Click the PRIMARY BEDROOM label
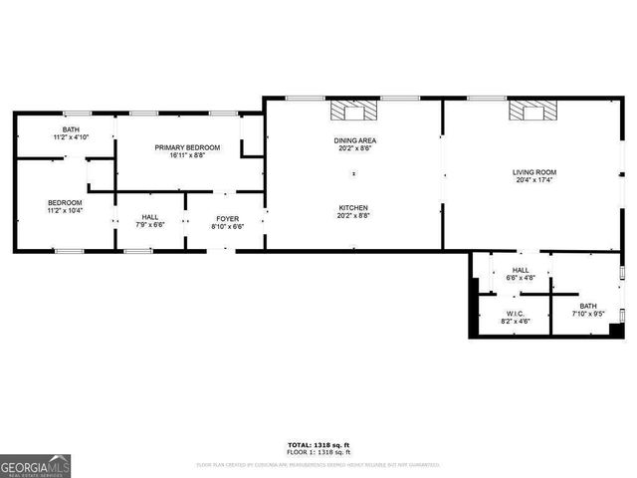point(187,147)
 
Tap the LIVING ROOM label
point(534,172)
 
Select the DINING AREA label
point(354,140)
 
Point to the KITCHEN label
point(354,208)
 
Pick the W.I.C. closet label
point(514,314)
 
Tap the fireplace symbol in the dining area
point(354,111)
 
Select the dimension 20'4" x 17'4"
point(534,180)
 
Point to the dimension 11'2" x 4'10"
point(71,137)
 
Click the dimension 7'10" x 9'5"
point(588,314)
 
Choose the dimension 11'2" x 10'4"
point(65,211)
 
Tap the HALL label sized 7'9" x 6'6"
point(149,218)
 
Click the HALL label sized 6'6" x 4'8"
point(521,270)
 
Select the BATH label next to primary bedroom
point(71,129)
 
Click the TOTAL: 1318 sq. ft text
point(318,445)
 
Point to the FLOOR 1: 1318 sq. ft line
point(318,452)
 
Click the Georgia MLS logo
point(36,465)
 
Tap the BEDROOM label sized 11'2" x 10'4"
point(65,203)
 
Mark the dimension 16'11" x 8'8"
point(187,155)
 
